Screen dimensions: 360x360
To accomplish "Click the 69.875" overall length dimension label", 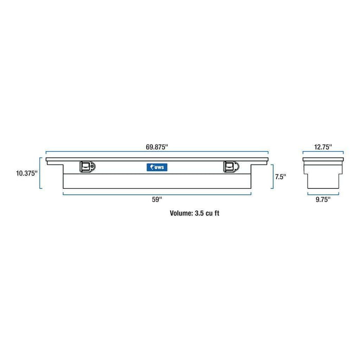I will pyautogui.click(x=157, y=147).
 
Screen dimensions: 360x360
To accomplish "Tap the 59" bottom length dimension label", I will pyautogui.click(x=157, y=200).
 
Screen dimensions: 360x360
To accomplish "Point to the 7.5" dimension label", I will pyautogui.click(x=281, y=176).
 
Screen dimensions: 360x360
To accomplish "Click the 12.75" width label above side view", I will pyautogui.click(x=322, y=147).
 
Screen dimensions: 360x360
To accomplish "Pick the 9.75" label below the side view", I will pyautogui.click(x=322, y=199).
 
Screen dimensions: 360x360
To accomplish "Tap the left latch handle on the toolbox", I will pyautogui.click(x=85, y=167).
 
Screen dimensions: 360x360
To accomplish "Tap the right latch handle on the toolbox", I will pyautogui.click(x=229, y=167).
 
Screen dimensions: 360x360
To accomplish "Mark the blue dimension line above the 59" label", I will pyautogui.click(x=157, y=193).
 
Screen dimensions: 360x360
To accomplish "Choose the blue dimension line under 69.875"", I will pyautogui.click(x=157, y=152).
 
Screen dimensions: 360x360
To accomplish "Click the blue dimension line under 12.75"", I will pyautogui.click(x=322, y=153).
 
